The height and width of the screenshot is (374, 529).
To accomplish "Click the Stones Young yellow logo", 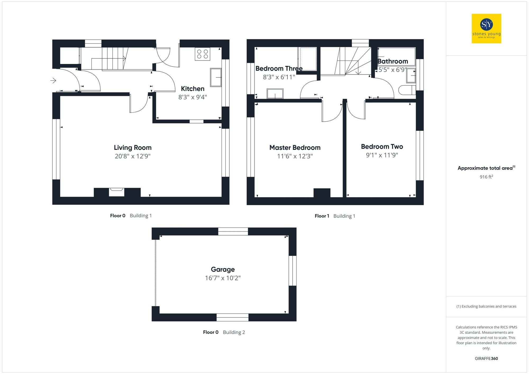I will tap(486, 29).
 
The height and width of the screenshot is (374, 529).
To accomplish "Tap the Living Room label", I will tap(133, 147).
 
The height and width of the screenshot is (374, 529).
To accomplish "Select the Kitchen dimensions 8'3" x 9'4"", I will tap(192, 97).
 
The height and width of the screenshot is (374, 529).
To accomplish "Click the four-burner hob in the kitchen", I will tap(202, 54).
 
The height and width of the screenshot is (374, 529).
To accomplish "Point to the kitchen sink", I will tap(216, 77).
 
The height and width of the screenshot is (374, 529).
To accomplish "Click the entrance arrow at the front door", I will tap(53, 80).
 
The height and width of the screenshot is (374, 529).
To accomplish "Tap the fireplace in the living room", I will tap(116, 192).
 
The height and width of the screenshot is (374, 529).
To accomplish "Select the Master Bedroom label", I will tap(295, 147).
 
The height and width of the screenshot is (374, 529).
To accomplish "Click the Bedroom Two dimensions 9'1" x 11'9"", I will tap(382, 155).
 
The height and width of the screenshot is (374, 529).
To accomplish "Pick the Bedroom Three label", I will tap(279, 68).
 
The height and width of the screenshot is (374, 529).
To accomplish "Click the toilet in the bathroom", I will tap(407, 90).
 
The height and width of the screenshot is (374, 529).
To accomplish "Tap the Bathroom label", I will tap(393, 61).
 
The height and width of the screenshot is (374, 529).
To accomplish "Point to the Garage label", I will tap(223, 269).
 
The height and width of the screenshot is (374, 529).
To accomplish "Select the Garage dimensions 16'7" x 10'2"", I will tap(223, 278).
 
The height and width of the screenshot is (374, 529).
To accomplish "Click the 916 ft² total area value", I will tap(486, 177).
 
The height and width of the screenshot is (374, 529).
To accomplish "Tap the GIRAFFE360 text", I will tap(486, 358).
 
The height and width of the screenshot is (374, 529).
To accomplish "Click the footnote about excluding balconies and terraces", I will tap(486, 306).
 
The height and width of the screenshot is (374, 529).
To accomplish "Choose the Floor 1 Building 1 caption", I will tap(335, 216).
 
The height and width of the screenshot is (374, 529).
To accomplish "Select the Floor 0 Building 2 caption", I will tap(224, 332).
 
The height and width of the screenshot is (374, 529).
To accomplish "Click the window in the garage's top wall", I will tap(233, 232).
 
